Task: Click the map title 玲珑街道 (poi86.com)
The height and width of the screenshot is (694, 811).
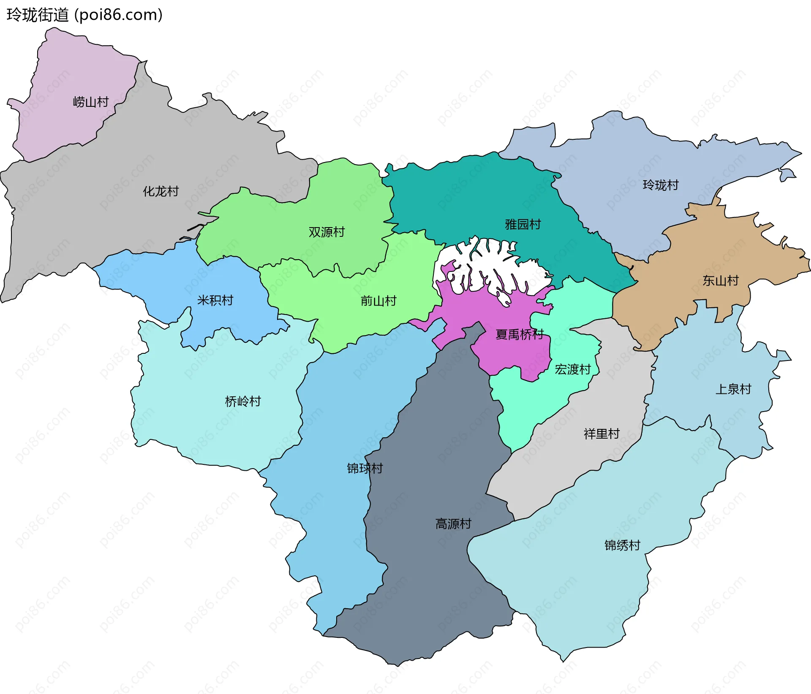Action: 84,15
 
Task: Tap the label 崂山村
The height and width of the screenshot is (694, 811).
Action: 91,102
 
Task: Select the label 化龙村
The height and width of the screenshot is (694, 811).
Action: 161,191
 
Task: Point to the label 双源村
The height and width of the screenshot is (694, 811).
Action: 327,232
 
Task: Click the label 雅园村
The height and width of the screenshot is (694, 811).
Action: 523,224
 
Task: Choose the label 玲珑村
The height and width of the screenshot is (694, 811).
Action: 661,185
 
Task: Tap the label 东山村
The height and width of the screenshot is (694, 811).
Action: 721,280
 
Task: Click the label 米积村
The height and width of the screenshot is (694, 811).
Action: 215,300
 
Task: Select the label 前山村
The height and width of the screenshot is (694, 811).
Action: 378,301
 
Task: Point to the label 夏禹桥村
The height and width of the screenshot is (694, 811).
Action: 519,334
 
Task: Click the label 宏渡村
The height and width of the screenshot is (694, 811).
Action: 572,369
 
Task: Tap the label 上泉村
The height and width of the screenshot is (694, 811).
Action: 733,389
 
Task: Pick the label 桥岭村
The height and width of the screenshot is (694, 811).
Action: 243,401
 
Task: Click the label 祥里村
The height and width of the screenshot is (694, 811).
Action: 601,434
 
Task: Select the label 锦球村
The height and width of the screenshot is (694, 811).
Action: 365,468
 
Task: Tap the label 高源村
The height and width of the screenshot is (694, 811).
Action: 453,524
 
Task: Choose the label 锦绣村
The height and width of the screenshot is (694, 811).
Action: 622,545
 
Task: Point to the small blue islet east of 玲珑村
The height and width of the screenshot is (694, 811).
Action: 787,174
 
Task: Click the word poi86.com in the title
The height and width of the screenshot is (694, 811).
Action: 118,15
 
